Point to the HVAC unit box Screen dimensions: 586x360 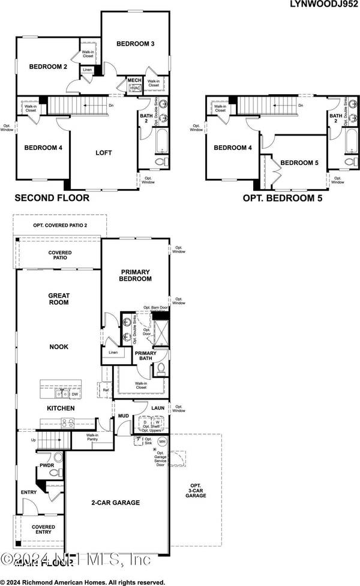click(133, 88)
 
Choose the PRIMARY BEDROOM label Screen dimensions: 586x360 click(135, 275)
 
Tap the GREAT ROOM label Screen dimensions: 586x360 click(58, 298)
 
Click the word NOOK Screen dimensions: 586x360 click(59, 347)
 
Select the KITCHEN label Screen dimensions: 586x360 click(61, 408)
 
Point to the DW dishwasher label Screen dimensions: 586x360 click(74, 394)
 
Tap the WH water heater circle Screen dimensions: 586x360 click(161, 441)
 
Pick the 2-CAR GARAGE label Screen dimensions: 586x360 click(115, 503)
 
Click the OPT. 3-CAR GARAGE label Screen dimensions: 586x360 click(196, 491)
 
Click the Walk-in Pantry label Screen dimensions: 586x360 click(92, 438)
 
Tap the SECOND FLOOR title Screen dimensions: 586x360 click(52, 197)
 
